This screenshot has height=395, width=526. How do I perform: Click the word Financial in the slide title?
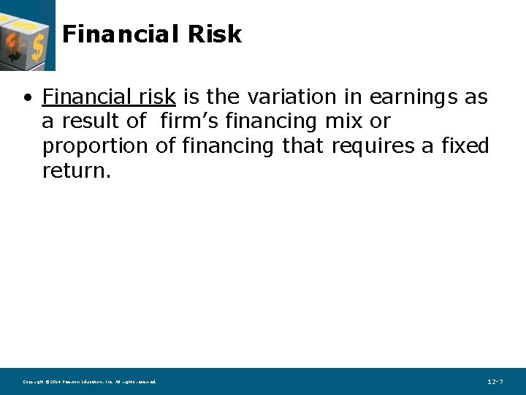[x=120, y=34]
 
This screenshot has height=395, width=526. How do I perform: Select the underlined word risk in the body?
[x=159, y=97]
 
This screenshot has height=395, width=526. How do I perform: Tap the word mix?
[x=343, y=121]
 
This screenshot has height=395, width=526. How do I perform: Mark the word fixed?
[x=465, y=146]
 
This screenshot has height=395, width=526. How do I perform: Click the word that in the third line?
[x=302, y=146]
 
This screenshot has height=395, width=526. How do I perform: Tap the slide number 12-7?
[x=495, y=382]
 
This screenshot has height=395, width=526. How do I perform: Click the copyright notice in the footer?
[x=89, y=382]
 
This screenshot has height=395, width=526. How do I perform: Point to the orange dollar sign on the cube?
[x=12, y=48]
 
